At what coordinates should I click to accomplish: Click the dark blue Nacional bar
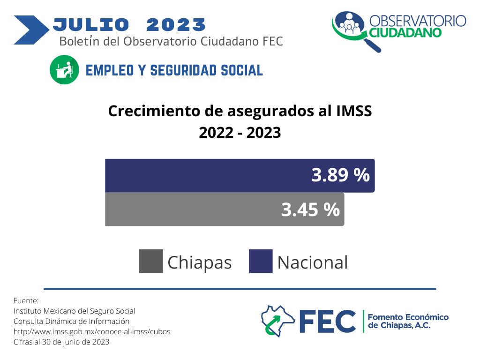click(x=240, y=175)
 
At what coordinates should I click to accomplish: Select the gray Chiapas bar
click(x=225, y=210)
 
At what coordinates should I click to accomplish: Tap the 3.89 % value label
click(x=340, y=175)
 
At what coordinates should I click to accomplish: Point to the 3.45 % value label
click(x=310, y=210)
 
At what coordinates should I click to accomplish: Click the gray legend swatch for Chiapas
click(x=151, y=261)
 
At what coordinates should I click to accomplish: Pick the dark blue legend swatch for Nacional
click(x=261, y=261)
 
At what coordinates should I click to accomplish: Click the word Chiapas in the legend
click(x=200, y=262)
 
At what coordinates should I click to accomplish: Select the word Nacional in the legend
click(x=313, y=262)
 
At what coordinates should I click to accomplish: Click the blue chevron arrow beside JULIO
click(x=31, y=30)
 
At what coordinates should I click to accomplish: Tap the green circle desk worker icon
click(x=64, y=70)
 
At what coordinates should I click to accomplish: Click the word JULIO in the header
click(x=91, y=24)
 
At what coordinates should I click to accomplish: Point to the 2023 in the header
click(x=176, y=24)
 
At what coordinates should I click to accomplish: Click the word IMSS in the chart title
click(x=354, y=111)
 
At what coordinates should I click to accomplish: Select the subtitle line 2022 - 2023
click(x=240, y=133)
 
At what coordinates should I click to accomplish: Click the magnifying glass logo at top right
click(x=356, y=31)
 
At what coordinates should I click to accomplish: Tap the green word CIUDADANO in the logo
click(x=405, y=33)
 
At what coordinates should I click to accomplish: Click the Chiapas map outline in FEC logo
click(x=277, y=321)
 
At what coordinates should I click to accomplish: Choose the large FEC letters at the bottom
click(x=328, y=321)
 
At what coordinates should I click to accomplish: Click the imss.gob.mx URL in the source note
click(x=92, y=331)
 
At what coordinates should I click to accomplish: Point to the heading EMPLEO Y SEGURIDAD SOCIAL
click(x=174, y=70)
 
